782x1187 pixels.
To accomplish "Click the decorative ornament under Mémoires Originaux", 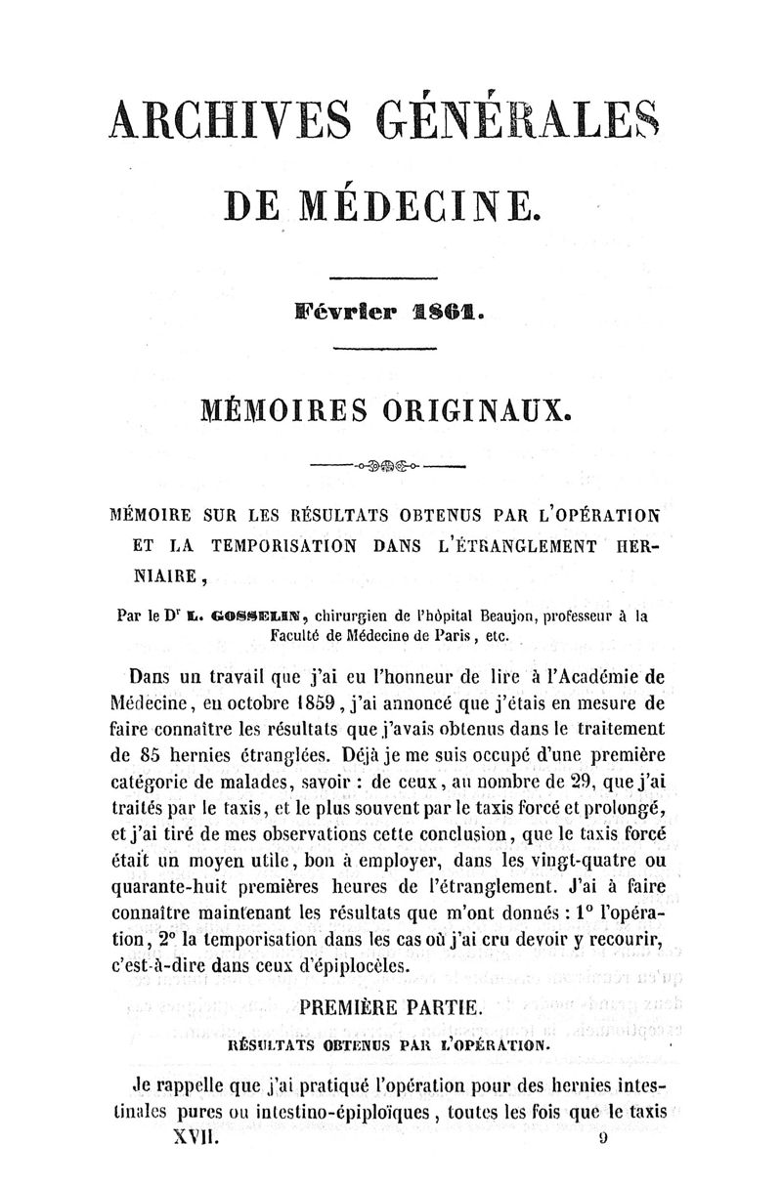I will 390,467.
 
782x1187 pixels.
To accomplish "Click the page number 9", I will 604,1139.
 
